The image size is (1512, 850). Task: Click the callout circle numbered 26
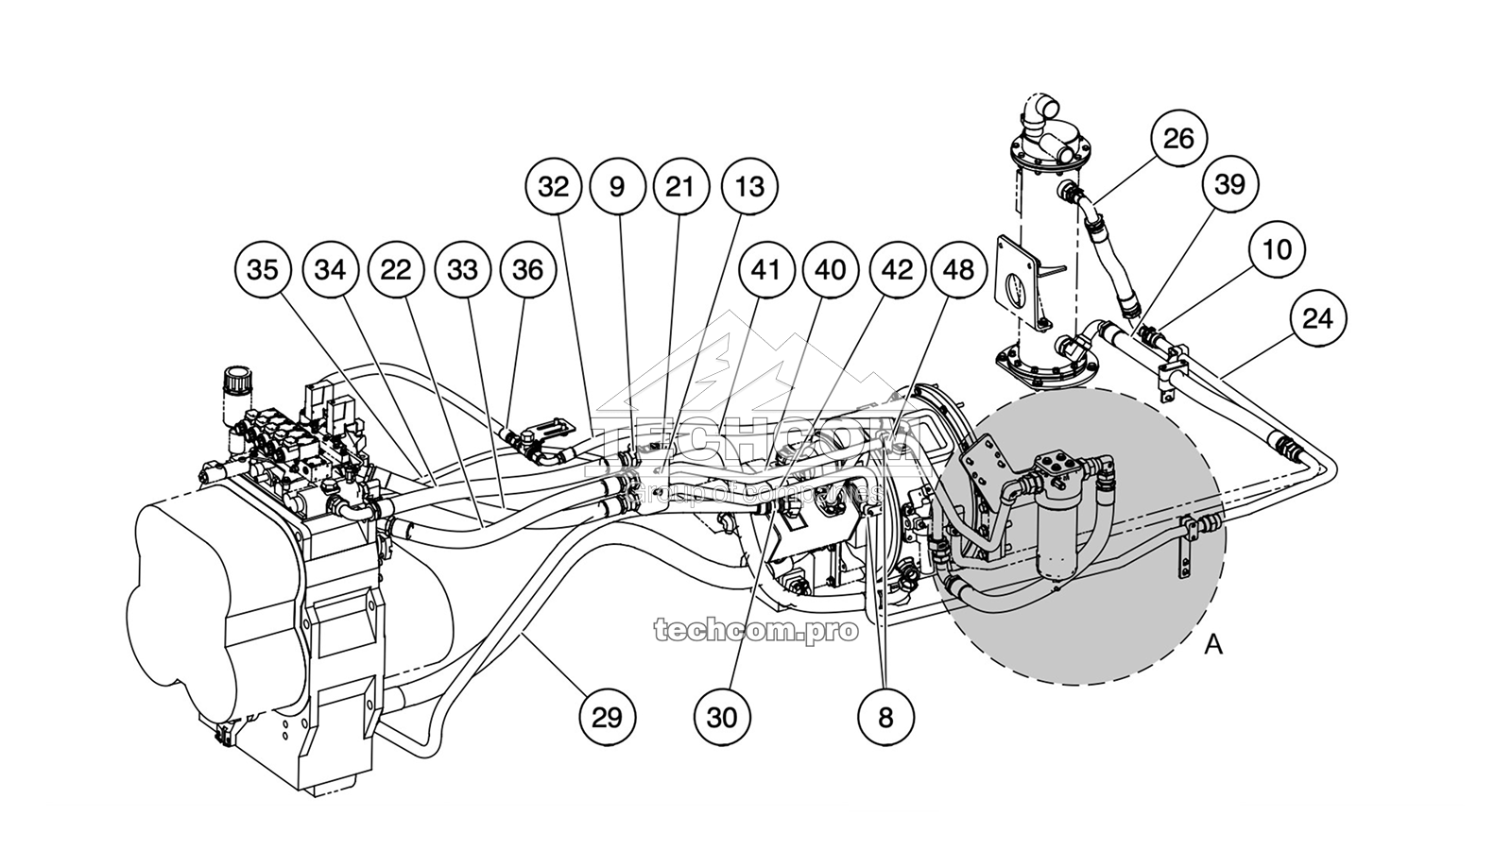click(x=1178, y=139)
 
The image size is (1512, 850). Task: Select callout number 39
click(x=1229, y=185)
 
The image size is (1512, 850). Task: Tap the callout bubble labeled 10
click(x=1276, y=249)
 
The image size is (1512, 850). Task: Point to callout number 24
click(x=1317, y=318)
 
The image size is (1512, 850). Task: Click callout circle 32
click(x=554, y=187)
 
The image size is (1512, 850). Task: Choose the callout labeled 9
click(x=617, y=187)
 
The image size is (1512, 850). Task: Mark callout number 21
click(x=679, y=187)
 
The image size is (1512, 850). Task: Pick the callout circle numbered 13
click(x=749, y=187)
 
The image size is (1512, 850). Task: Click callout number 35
click(x=263, y=270)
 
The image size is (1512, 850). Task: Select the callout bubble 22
click(x=396, y=270)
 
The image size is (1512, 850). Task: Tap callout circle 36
click(x=527, y=270)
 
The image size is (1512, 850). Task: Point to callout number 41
click(x=765, y=270)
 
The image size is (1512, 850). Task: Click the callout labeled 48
click(x=958, y=270)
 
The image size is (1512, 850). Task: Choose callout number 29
click(x=607, y=717)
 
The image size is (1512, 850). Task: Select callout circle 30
click(x=721, y=717)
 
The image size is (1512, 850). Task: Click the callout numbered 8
click(x=885, y=717)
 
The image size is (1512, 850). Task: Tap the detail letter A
click(x=1214, y=645)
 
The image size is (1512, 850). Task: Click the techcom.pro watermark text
click(x=756, y=630)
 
